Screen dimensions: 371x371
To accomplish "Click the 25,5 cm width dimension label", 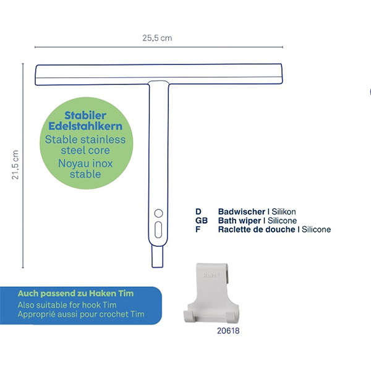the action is coord(157,38).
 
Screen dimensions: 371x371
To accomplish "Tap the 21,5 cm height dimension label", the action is coord(15,164).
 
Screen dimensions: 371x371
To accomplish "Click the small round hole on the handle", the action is coord(158,213).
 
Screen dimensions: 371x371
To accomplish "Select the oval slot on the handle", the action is coord(158,230).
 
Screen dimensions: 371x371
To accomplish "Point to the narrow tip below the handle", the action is coord(158,257).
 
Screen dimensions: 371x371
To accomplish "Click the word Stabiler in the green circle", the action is coord(85,116).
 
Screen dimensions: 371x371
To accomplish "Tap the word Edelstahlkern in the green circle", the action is coord(85,126).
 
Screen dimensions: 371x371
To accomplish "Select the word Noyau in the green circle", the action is coord(72,163).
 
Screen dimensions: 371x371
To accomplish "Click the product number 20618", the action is coord(228,331).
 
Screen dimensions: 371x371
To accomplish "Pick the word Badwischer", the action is coord(242,211).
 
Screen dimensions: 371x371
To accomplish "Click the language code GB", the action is coord(202,221).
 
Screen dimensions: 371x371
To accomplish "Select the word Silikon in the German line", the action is coord(284,211).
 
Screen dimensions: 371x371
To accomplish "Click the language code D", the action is coord(198,211).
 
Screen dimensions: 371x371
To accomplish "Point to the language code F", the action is coord(198,229).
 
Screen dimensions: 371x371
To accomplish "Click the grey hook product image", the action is coord(211,293).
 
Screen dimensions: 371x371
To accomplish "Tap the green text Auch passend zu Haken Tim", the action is coord(75,294).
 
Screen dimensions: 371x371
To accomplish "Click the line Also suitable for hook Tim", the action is coord(67,305).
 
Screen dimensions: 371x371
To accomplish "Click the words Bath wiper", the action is coord(239,221).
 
